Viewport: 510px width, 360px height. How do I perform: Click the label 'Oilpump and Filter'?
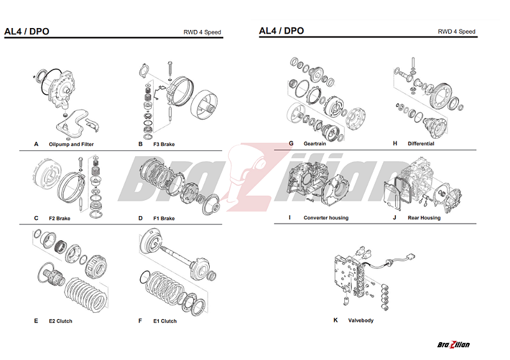click(x=71, y=145)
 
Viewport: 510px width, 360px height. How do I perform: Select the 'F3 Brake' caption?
click(x=164, y=145)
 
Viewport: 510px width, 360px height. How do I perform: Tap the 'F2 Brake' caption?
click(x=59, y=219)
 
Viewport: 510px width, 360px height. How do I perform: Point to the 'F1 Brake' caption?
click(x=164, y=219)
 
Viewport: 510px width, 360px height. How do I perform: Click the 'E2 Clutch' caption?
click(x=61, y=321)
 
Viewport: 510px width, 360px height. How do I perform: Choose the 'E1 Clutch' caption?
click(x=164, y=321)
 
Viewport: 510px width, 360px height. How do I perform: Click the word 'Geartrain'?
click(x=315, y=143)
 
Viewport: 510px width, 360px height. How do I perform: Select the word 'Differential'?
click(x=421, y=143)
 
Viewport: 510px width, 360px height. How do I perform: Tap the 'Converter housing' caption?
click(x=326, y=218)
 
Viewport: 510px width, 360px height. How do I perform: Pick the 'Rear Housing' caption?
click(x=424, y=218)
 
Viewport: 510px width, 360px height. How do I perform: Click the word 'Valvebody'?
click(x=360, y=320)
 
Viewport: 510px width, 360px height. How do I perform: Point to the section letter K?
click(x=335, y=320)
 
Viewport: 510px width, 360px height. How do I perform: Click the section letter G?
click(x=291, y=143)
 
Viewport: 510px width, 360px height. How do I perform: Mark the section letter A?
click(x=36, y=145)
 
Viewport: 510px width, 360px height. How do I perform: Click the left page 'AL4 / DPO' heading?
click(x=26, y=31)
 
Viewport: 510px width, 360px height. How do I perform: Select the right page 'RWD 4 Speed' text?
click(x=456, y=32)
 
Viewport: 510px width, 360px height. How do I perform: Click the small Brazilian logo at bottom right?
click(x=453, y=345)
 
